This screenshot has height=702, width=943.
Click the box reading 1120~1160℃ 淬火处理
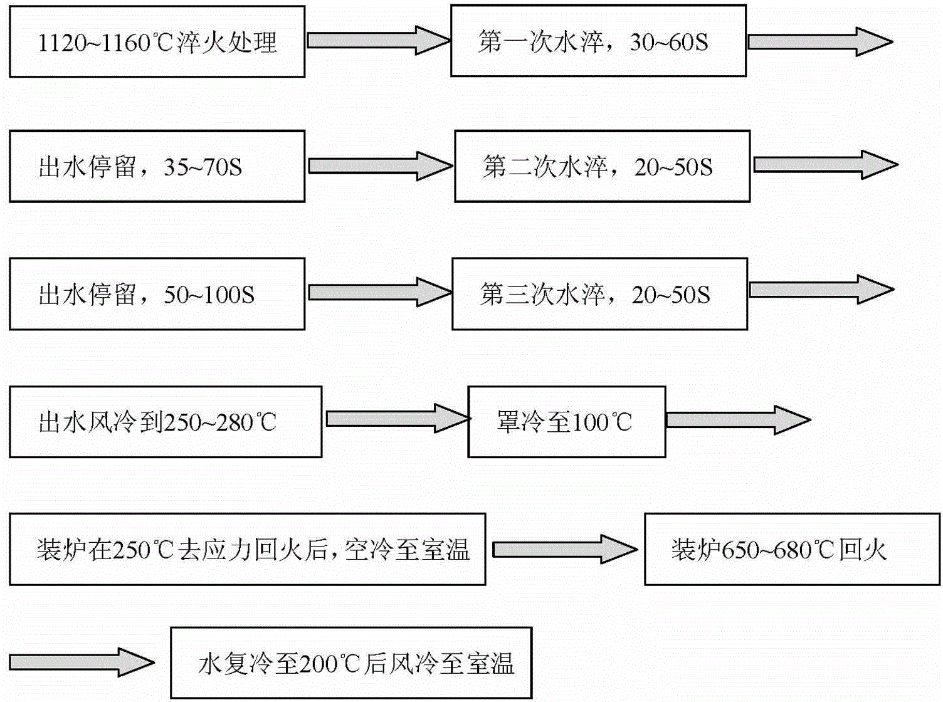(157, 42)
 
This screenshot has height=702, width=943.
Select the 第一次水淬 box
(598, 41)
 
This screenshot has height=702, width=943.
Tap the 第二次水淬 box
(602, 167)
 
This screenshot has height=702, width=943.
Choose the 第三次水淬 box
(599, 294)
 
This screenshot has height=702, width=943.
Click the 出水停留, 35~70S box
(157, 167)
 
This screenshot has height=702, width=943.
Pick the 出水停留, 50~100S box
(157, 294)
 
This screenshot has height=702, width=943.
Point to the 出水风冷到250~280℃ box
(166, 422)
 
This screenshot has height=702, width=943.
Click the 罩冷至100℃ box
(566, 422)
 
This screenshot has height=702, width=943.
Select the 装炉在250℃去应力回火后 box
(247, 549)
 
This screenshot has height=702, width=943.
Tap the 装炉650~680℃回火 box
(792, 549)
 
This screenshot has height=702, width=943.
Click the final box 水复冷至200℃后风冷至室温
(351, 663)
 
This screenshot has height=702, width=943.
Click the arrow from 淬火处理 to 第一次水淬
(378, 41)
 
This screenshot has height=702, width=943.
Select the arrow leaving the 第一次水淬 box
(819, 42)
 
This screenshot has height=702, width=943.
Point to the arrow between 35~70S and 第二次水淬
(380, 166)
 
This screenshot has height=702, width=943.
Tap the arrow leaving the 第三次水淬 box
(821, 290)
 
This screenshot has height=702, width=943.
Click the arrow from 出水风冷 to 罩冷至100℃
(397, 419)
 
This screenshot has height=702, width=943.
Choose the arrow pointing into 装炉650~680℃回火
(564, 550)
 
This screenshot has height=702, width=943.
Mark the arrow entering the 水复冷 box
(82, 662)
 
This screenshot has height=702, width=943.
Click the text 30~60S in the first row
(668, 43)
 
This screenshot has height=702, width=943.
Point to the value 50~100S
(209, 295)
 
